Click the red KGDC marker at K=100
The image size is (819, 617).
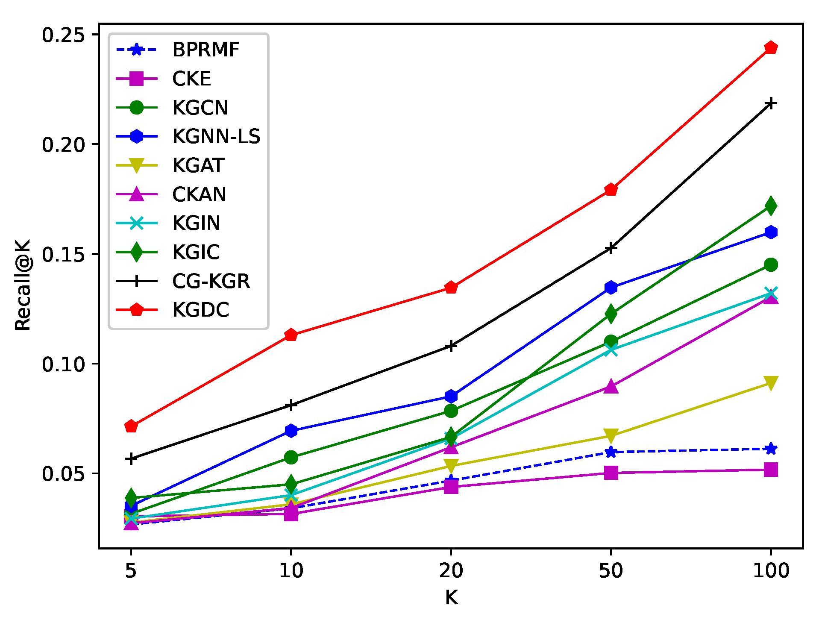pyautogui.click(x=770, y=47)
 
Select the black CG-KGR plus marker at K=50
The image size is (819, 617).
pyautogui.click(x=611, y=248)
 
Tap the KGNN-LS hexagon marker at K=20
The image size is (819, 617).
pyautogui.click(x=451, y=396)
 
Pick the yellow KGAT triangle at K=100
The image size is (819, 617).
pyautogui.click(x=770, y=382)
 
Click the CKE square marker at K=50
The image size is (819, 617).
pyautogui.click(x=611, y=473)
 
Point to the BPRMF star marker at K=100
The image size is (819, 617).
pyautogui.click(x=770, y=449)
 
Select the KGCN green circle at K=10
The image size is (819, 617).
pyautogui.click(x=291, y=457)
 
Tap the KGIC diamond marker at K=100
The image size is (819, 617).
pyautogui.click(x=770, y=206)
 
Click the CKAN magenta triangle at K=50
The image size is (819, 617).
pyautogui.click(x=611, y=387)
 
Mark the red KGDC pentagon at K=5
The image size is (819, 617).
pyautogui.click(x=131, y=426)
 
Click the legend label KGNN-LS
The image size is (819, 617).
pyautogui.click(x=216, y=136)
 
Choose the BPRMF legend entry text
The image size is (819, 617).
pyautogui.click(x=205, y=50)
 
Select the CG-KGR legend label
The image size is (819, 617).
pyautogui.click(x=211, y=281)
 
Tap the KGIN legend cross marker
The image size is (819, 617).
pyautogui.click(x=136, y=223)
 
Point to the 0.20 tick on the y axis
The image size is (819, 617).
pyautogui.click(x=63, y=144)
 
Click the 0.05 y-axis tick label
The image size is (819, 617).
pyautogui.click(x=63, y=473)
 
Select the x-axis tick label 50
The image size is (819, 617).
pyautogui.click(x=611, y=571)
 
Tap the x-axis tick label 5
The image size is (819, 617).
pyautogui.click(x=131, y=571)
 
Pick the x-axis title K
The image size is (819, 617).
pyautogui.click(x=451, y=598)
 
